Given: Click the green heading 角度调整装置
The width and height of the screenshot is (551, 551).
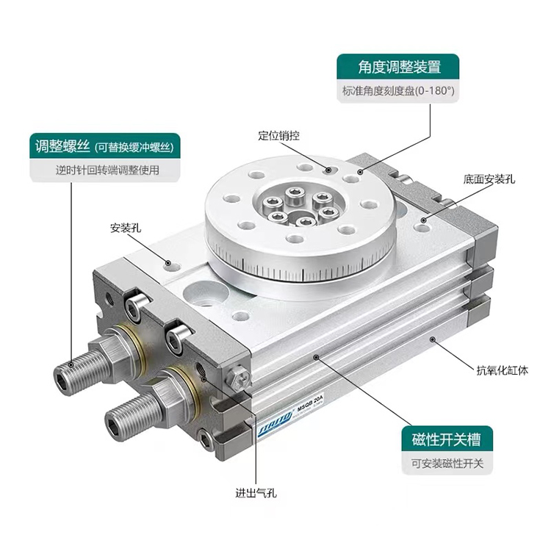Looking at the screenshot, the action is point(399,67).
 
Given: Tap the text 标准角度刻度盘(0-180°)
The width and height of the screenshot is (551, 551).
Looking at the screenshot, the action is point(398,91).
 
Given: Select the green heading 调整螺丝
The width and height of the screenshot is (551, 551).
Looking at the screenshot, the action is point(62,146).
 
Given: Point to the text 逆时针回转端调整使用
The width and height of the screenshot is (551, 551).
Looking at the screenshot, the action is point(107,170).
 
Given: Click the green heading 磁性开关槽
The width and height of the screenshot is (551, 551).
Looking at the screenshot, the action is point(446,439).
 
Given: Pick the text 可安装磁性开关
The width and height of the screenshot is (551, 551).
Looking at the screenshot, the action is point(447,464).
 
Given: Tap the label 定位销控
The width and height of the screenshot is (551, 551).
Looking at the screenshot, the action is point(278,136).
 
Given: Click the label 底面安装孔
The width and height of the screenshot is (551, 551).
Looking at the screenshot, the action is point(489,179).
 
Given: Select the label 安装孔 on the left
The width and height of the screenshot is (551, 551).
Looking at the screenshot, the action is point(126,228).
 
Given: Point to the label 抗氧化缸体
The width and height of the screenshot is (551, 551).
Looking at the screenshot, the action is point(503,370).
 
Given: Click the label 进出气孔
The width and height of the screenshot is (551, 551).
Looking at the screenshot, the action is point(256,493).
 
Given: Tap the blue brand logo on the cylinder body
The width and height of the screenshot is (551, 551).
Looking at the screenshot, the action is point(275,423).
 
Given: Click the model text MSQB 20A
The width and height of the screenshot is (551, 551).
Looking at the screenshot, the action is point(310,403).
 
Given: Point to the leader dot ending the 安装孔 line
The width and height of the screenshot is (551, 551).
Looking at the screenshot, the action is point(168,263).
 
